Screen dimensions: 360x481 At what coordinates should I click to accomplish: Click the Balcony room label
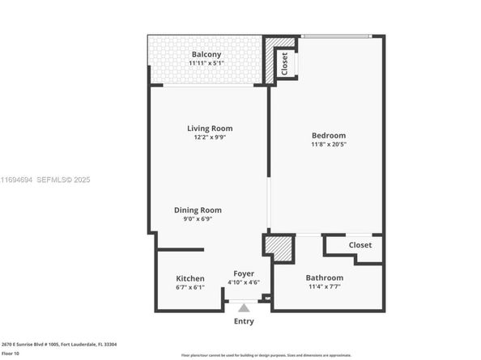click(x=206, y=54)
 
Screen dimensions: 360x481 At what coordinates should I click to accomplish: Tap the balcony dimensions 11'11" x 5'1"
click(x=206, y=64)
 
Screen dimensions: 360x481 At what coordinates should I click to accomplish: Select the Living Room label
click(x=210, y=128)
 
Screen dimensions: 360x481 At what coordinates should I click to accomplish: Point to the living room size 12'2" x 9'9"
click(x=210, y=138)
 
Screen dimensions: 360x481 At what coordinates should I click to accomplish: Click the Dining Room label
click(x=198, y=210)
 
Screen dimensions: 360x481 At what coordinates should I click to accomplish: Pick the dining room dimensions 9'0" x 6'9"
click(x=198, y=219)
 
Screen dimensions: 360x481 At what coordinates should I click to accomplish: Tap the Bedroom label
click(x=329, y=135)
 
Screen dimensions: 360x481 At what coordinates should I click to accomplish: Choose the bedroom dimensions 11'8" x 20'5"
click(x=329, y=145)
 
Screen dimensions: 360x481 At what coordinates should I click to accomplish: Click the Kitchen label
click(x=190, y=277)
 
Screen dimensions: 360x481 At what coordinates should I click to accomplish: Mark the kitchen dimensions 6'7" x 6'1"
click(x=190, y=287)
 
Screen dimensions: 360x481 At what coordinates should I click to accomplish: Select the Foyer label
click(x=243, y=273)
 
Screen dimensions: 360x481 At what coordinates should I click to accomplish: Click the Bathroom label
click(x=324, y=277)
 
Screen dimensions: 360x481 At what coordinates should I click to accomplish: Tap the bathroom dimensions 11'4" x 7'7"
click(x=324, y=287)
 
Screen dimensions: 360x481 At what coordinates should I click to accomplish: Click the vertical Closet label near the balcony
click(x=284, y=63)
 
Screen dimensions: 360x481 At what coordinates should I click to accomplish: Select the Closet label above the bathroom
click(x=360, y=245)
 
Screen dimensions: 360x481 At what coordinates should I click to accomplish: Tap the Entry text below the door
click(x=243, y=321)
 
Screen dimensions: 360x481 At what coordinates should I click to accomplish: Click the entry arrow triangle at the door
click(x=243, y=307)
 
